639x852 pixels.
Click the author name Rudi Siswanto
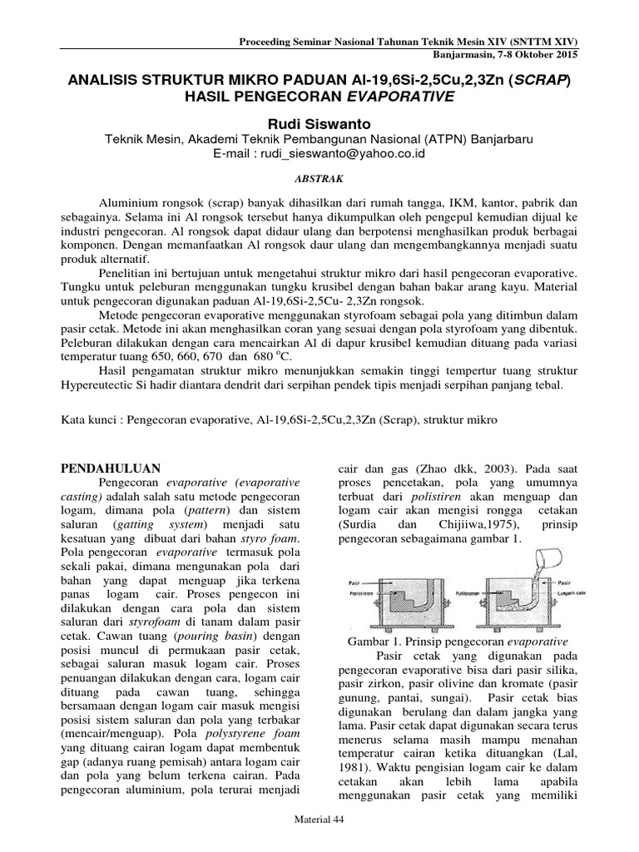pos(319,122)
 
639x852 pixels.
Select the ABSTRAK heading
pos(319,177)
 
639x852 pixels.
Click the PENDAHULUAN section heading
pos(112,468)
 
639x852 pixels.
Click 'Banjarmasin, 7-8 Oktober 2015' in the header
pos(506,54)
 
